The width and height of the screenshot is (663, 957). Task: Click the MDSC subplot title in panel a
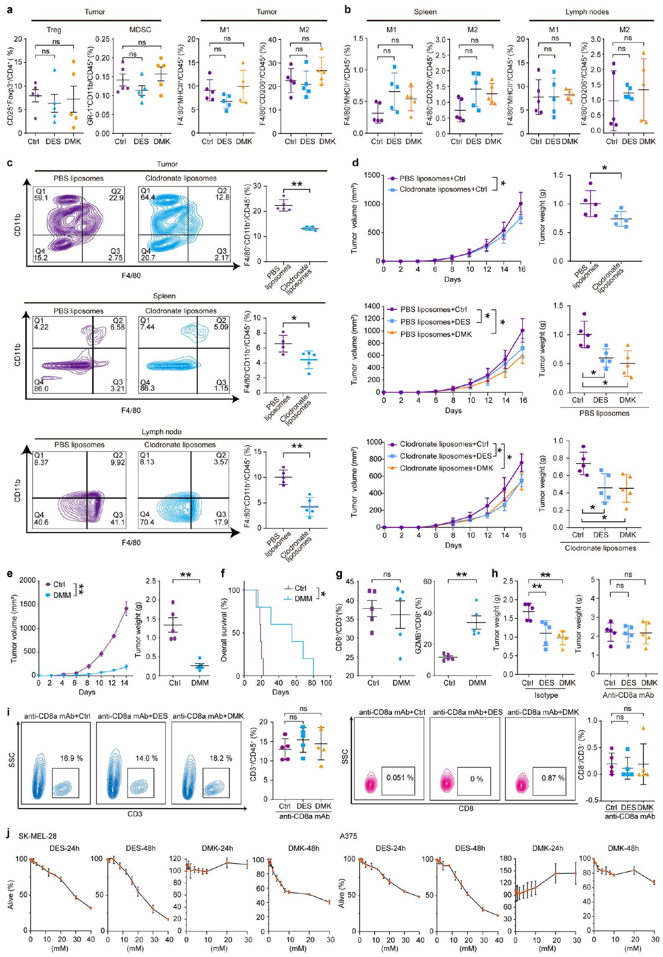[141, 30]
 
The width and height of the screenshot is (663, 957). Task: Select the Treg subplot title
[54, 30]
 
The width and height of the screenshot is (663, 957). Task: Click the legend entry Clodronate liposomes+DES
[445, 456]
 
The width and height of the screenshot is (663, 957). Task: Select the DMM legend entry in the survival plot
[303, 599]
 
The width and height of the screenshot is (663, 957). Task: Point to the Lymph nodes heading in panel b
[587, 12]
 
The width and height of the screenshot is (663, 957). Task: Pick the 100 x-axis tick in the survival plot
[326, 682]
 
